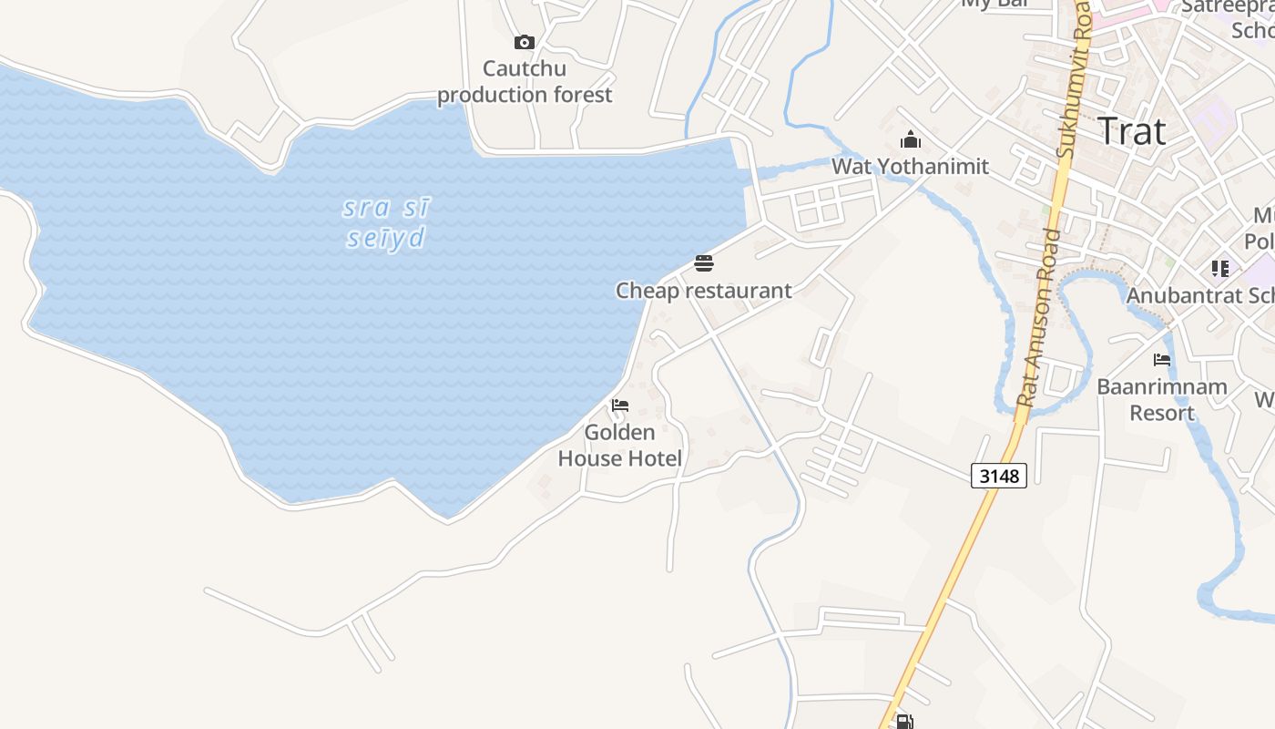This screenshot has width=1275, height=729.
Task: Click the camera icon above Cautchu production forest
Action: [x=524, y=42]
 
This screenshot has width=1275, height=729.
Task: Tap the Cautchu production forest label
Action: [x=525, y=82]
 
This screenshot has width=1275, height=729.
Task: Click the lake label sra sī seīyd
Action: [x=386, y=223]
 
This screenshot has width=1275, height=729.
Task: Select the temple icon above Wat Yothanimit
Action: [x=910, y=140]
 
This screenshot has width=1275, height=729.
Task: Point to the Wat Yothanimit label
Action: [x=910, y=167]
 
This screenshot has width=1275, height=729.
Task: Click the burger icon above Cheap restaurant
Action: [x=704, y=264]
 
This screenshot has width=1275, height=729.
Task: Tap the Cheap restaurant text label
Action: [x=704, y=291]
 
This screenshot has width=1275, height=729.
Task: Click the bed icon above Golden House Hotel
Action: [x=620, y=406]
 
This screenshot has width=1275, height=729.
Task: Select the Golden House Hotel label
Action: [x=620, y=445]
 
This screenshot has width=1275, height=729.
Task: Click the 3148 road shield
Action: [x=999, y=476]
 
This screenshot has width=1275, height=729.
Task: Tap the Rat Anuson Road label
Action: [x=1039, y=319]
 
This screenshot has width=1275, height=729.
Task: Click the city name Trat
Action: [x=1131, y=131]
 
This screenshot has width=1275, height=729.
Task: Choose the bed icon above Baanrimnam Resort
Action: [x=1161, y=360]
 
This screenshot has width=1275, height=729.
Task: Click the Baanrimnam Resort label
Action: [x=1161, y=399]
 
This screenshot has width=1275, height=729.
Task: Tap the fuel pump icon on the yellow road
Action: [x=904, y=722]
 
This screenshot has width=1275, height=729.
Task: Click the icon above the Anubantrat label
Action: [x=1219, y=269]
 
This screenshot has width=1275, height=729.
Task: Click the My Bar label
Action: [x=994, y=4]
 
